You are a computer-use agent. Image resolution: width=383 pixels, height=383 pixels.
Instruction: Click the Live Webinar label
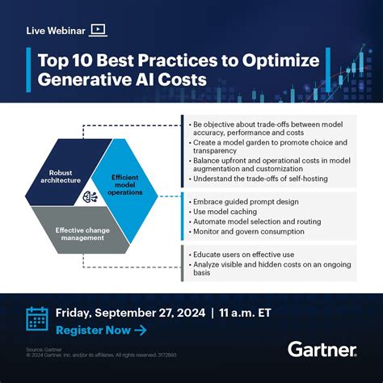point(54,30)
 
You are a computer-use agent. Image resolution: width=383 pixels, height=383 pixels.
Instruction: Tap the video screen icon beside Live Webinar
point(98,30)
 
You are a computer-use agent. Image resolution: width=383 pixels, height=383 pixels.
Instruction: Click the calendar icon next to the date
point(37,319)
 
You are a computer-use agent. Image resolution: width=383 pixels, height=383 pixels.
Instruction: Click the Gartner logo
point(322,348)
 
